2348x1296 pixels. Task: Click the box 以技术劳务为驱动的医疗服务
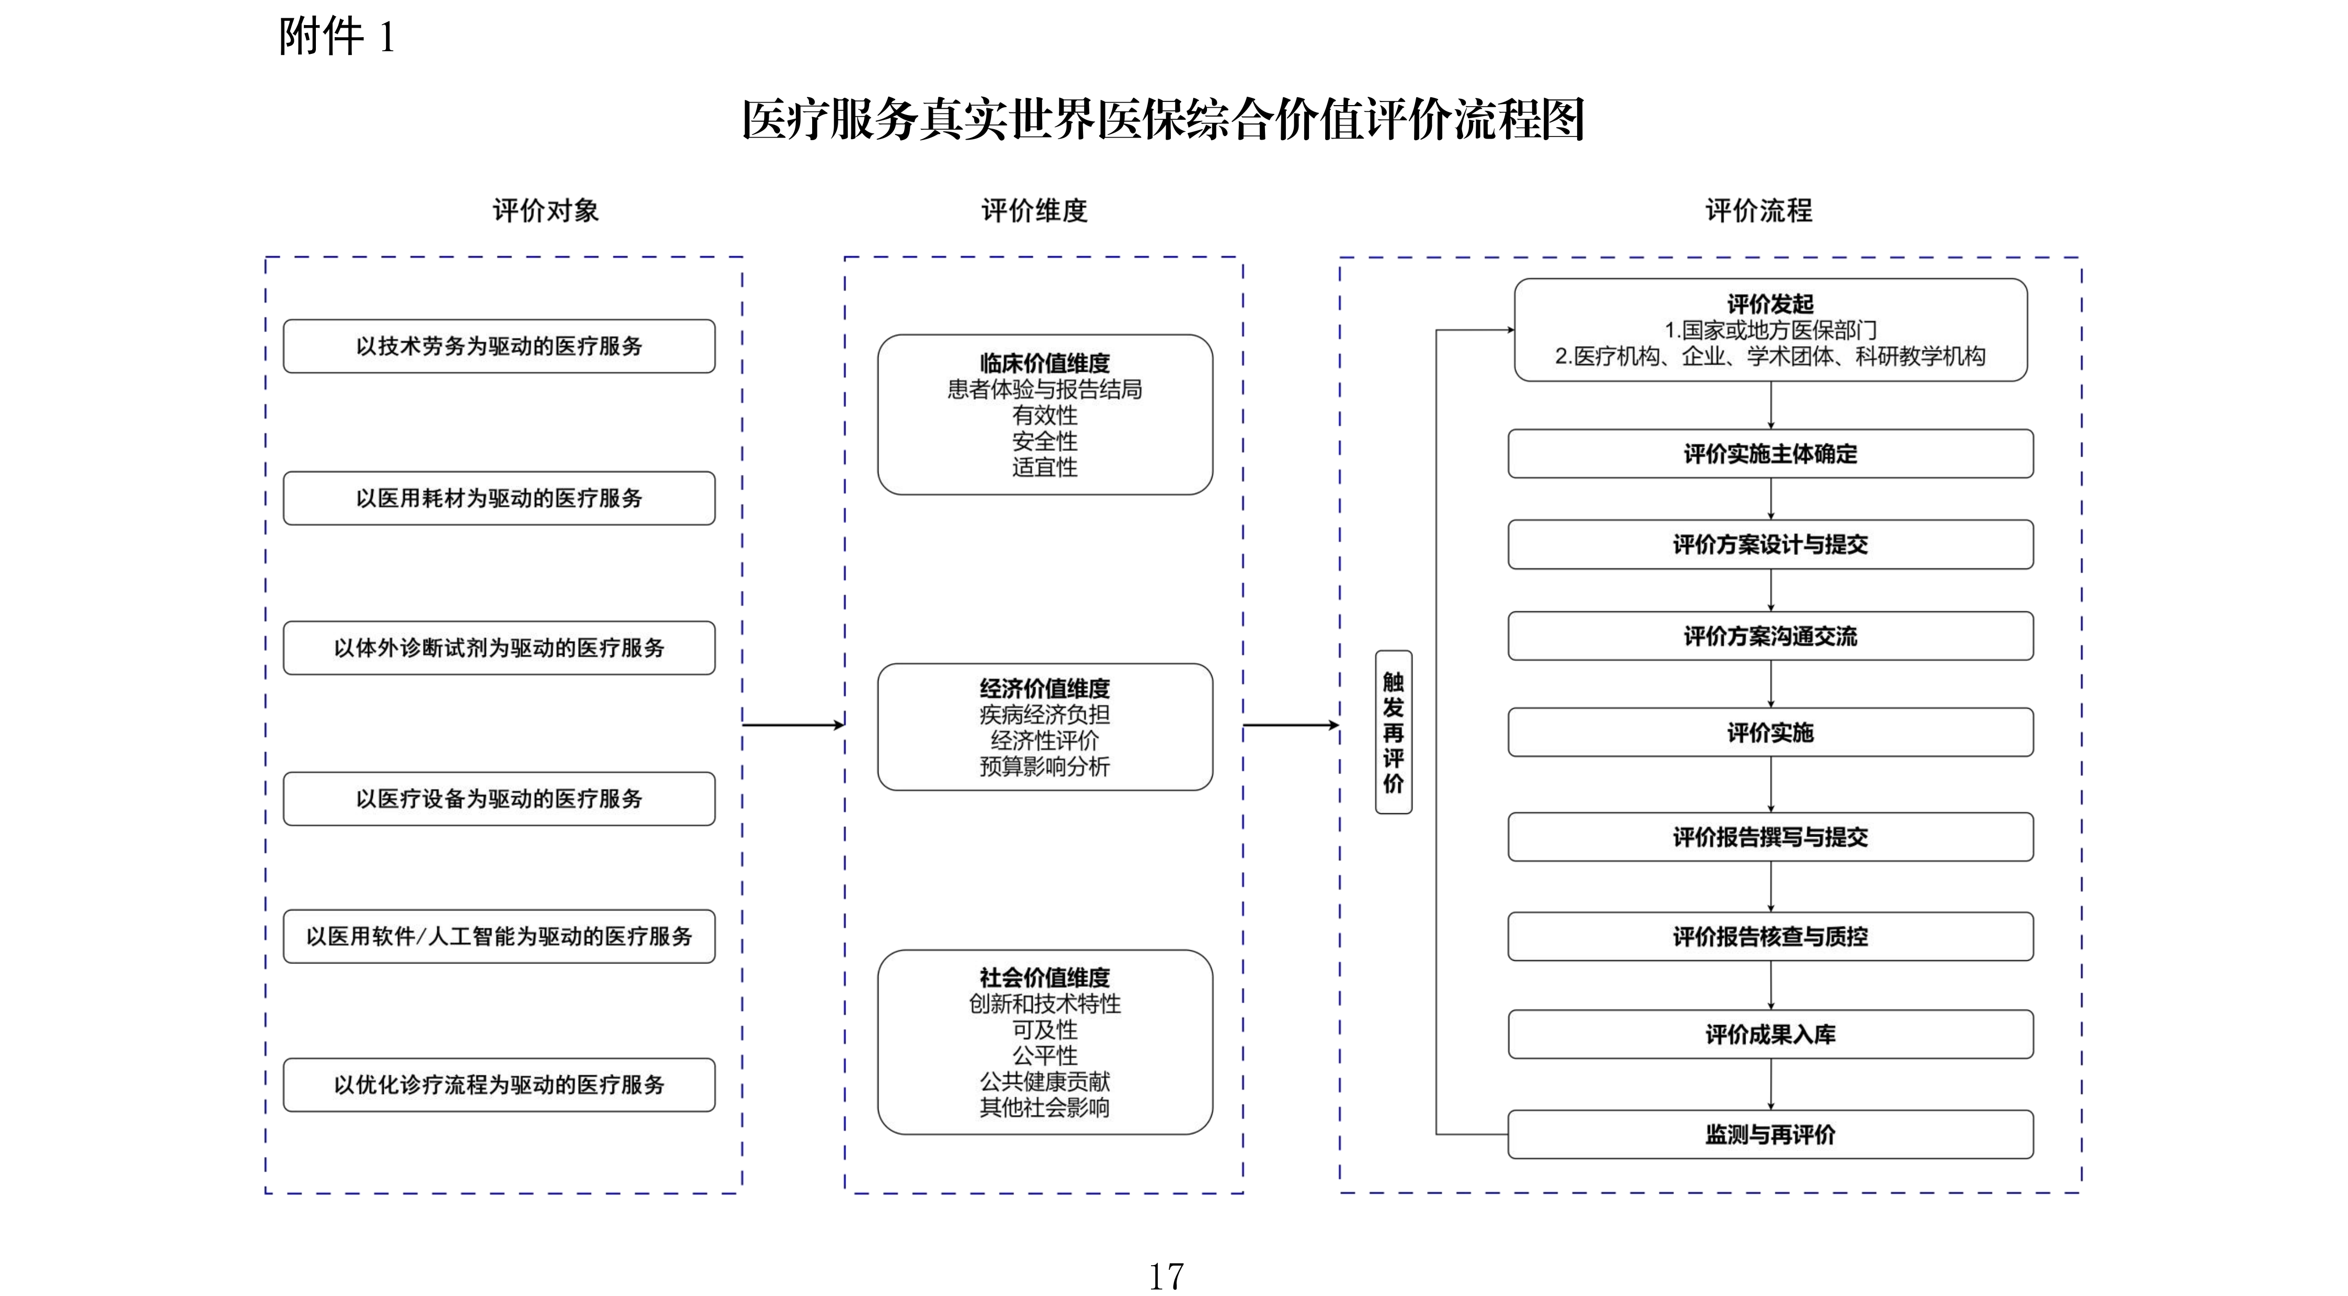coord(498,346)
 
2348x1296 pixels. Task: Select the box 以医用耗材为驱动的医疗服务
coord(498,498)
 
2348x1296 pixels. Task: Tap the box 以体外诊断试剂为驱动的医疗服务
coord(498,648)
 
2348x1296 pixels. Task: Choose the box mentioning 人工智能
coord(498,936)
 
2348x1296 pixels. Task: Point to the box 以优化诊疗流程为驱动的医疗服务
coord(498,1085)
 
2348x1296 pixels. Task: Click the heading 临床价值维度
coord(1044,363)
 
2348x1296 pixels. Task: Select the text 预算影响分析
coord(1044,767)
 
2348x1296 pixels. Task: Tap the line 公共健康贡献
coord(1044,1082)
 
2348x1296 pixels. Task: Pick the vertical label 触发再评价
coord(1393,732)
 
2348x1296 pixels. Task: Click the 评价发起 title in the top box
coord(1770,303)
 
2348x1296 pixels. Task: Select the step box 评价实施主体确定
coord(1770,454)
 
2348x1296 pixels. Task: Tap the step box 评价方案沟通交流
coord(1770,636)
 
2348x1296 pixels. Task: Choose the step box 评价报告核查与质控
coord(1770,936)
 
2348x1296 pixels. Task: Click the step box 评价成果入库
coord(1770,1034)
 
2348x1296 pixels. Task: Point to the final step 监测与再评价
coord(1770,1135)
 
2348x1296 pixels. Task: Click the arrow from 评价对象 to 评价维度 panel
coord(793,724)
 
